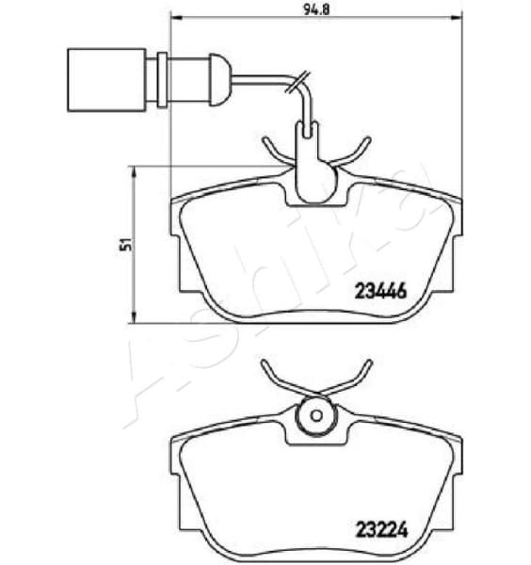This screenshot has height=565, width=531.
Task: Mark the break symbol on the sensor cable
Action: (299, 86)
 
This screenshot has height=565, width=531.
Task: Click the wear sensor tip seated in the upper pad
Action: (312, 179)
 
